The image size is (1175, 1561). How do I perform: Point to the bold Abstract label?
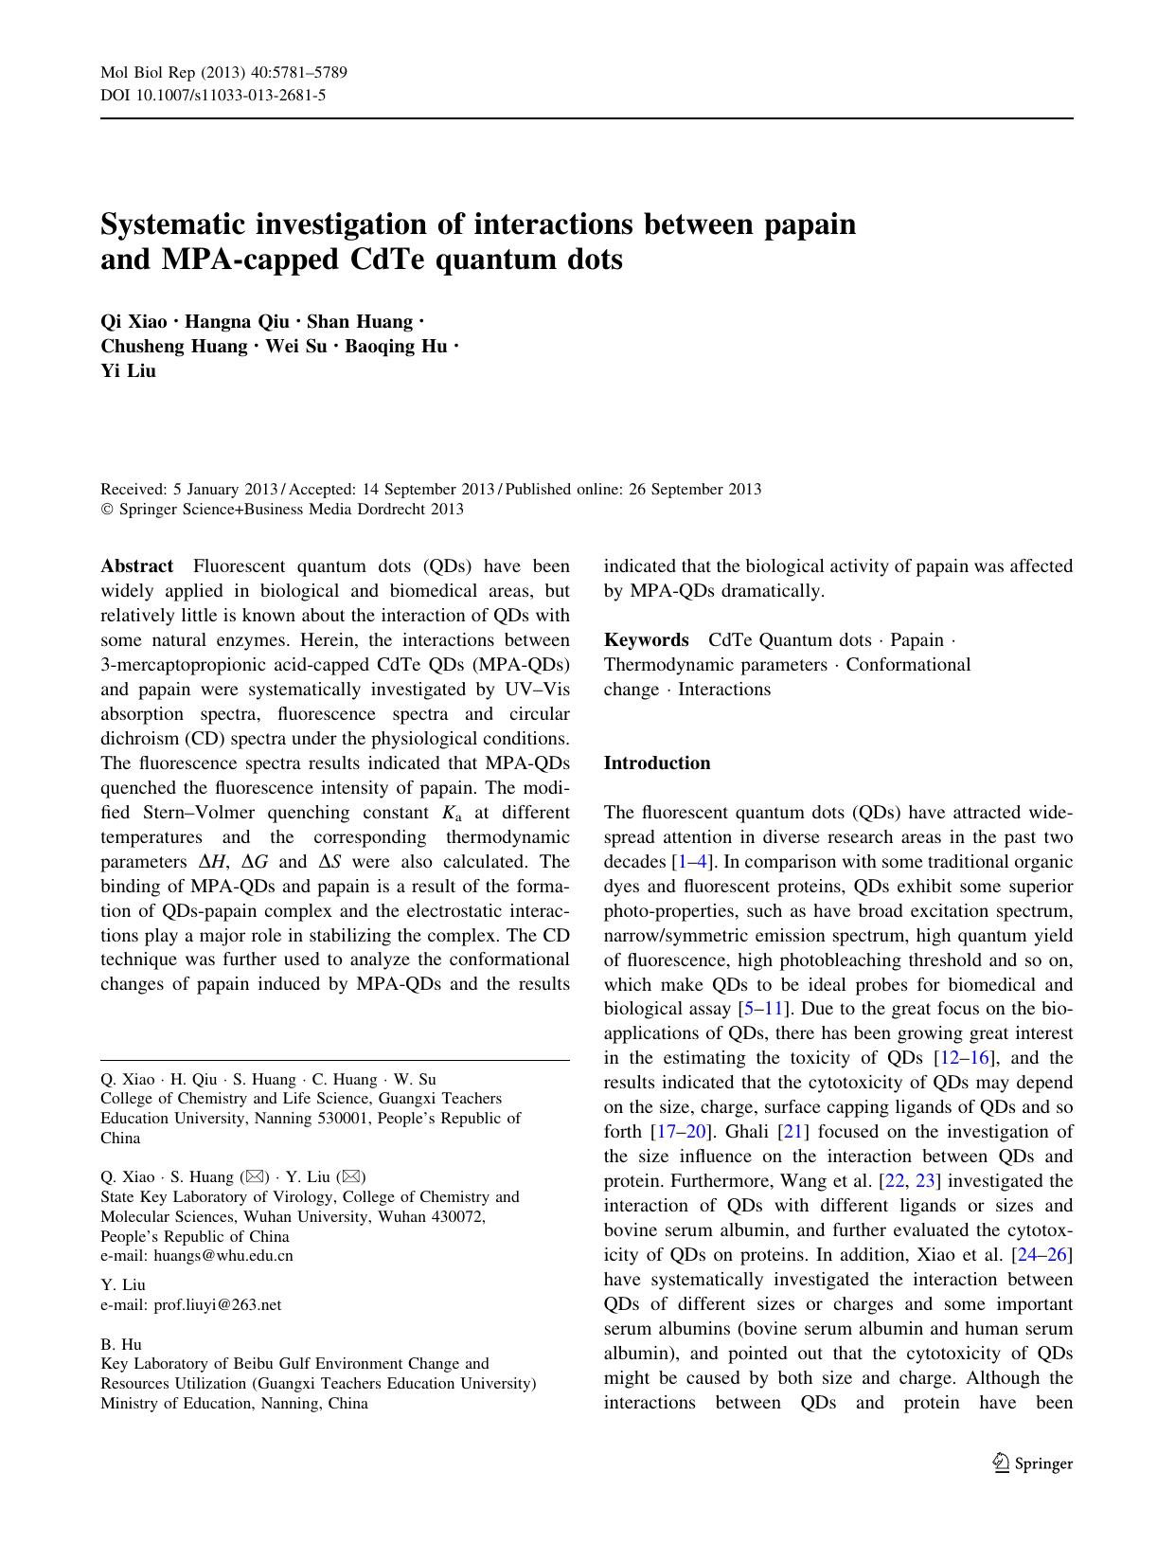click(x=137, y=566)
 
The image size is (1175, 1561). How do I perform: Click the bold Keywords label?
click(x=646, y=640)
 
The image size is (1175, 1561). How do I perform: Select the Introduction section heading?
click(x=656, y=763)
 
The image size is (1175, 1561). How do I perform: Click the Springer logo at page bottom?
click(x=1032, y=1463)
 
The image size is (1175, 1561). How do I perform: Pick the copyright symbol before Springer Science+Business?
click(x=106, y=510)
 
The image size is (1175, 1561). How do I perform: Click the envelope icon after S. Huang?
click(x=254, y=1176)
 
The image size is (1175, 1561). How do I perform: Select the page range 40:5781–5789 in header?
click(x=287, y=74)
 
